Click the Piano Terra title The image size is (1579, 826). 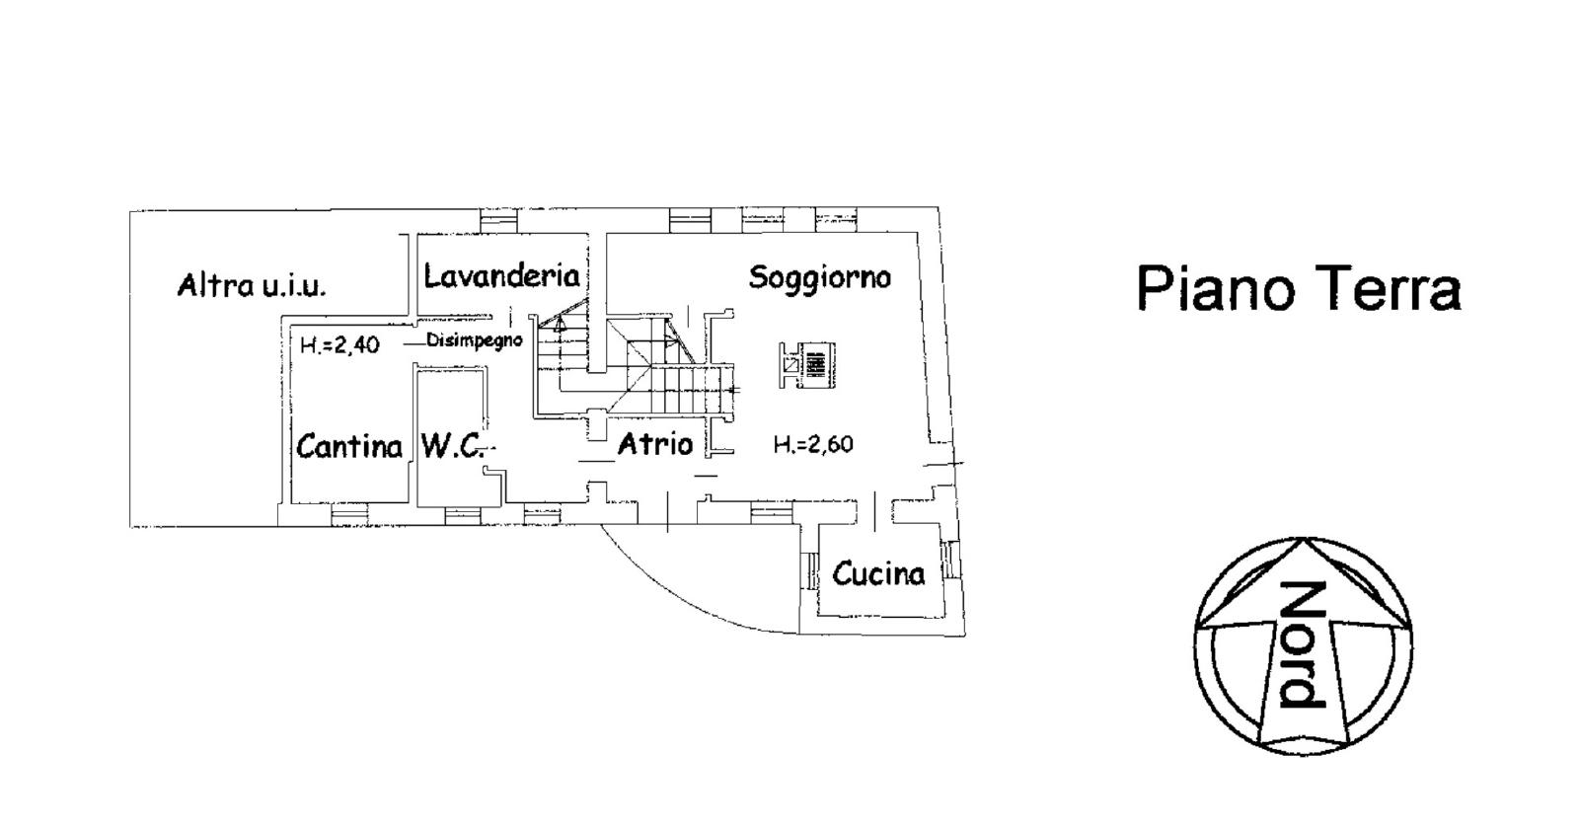click(1299, 288)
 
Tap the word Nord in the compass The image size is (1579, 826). click(1302, 644)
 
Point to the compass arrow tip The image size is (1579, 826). click(1303, 539)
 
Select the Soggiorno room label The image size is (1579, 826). click(820, 277)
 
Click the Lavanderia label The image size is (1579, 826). click(502, 275)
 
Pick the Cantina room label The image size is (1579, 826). click(349, 446)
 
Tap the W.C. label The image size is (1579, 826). click(453, 446)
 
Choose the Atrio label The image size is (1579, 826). click(655, 444)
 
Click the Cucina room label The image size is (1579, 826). click(878, 573)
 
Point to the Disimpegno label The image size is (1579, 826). click(475, 340)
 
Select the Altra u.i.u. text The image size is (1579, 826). click(252, 285)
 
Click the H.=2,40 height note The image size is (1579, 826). click(339, 344)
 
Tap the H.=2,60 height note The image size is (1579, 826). click(813, 444)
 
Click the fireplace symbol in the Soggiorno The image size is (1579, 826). click(808, 365)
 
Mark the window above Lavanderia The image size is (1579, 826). click(498, 221)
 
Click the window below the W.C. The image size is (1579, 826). click(463, 515)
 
